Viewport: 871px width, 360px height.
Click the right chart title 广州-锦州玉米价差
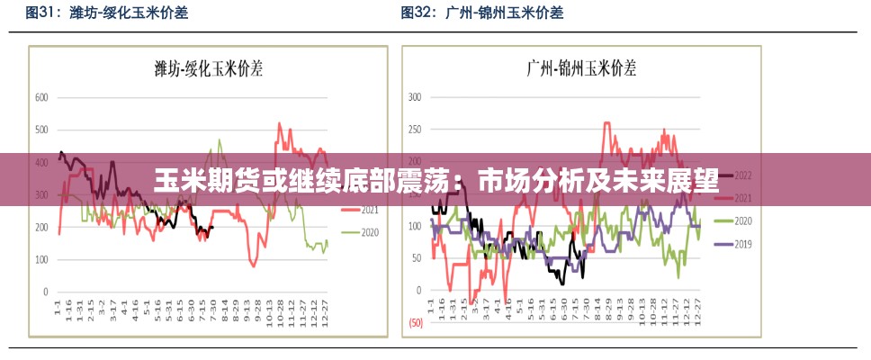point(580,67)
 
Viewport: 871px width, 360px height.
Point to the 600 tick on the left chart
point(41,96)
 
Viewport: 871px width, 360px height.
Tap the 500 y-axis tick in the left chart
point(41,130)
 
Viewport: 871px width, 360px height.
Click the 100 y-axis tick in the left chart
point(41,259)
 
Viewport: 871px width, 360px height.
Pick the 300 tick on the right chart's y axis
point(415,96)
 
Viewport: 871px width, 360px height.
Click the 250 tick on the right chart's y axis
point(415,129)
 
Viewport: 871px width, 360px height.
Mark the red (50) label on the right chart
point(416,322)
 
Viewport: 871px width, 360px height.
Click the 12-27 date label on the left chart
point(325,310)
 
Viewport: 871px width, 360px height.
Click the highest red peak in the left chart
point(279,123)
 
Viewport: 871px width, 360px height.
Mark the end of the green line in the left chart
point(328,241)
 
